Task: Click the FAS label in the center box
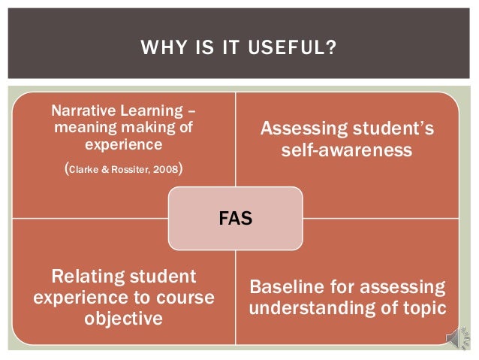pos(235,219)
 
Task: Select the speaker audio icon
pos(456,339)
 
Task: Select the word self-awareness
pos(346,150)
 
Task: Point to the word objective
pos(124,318)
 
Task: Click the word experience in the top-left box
pos(123,143)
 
